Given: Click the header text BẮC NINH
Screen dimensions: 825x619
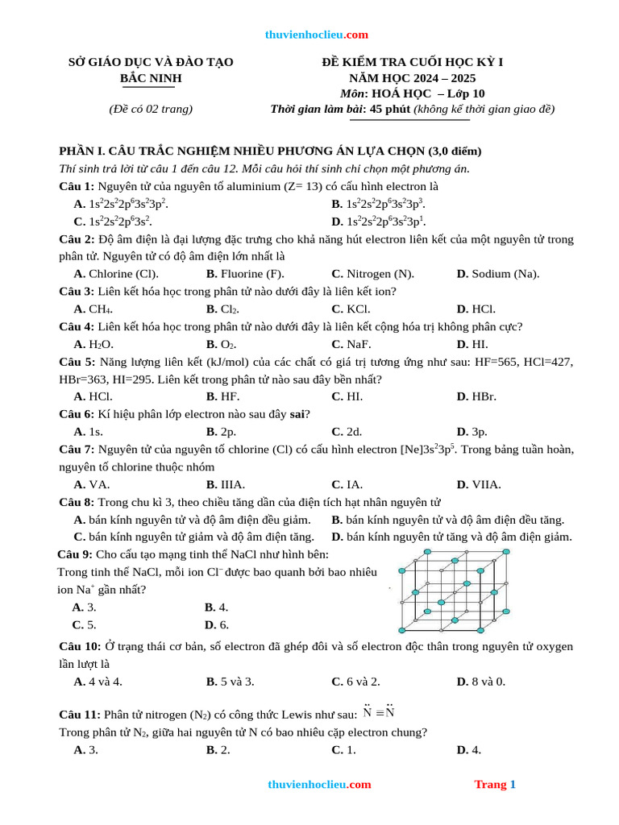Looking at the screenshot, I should (x=151, y=78).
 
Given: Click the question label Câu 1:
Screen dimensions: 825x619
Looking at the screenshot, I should (x=77, y=186).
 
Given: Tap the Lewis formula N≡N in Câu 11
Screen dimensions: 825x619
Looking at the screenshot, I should (x=378, y=713).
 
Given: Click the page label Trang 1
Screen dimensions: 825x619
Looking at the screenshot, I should (x=495, y=785).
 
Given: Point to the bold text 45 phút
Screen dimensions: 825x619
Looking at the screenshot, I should (x=390, y=110).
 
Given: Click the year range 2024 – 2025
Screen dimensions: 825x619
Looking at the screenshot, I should (x=412, y=78).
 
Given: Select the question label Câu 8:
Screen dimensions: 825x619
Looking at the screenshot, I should (x=77, y=503).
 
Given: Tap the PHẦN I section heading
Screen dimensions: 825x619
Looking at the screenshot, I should (x=269, y=151).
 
